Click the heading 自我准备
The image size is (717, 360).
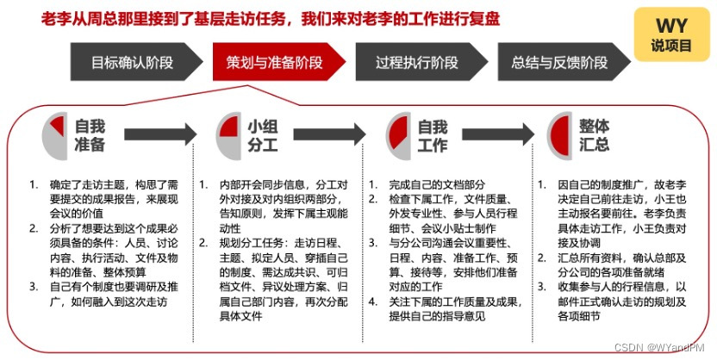(90, 135)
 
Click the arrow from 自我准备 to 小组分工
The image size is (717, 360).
(159, 135)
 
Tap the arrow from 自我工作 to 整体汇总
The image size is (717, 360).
(497, 135)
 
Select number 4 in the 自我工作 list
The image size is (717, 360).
(372, 301)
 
